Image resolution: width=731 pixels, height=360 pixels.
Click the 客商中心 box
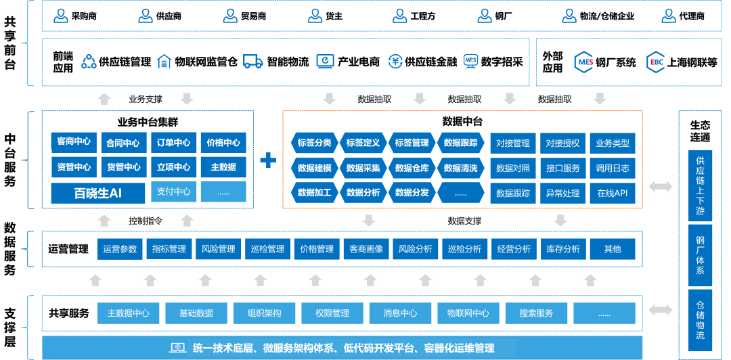pos(74,142)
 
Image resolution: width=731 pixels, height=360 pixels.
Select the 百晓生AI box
pos(98,193)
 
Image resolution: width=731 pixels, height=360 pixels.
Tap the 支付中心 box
pos(173,192)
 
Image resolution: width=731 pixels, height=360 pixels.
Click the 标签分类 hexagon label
pos(314,143)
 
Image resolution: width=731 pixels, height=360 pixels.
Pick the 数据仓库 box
pos(412,168)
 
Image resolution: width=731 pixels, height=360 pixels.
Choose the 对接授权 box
pos(562,143)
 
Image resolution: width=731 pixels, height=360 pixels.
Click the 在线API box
pos(612,193)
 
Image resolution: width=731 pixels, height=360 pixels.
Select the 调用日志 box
pos(612,168)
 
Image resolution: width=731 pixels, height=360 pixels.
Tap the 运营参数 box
pos(120,249)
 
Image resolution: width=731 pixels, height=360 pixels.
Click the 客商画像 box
pos(366,249)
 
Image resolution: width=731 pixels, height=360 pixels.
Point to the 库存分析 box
pos(562,249)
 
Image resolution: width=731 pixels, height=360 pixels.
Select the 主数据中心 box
pos(128,313)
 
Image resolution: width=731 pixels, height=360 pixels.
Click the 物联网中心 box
pos(468,313)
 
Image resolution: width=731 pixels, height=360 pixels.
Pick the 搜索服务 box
pos(536,313)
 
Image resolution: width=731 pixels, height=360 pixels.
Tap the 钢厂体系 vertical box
pos(700,255)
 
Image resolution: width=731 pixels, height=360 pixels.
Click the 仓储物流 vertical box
pos(700,321)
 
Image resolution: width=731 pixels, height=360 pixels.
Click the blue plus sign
pos(268,160)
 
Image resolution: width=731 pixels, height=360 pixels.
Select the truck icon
pos(252,62)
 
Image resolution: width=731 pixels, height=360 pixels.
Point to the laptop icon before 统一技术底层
pos(177,348)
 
